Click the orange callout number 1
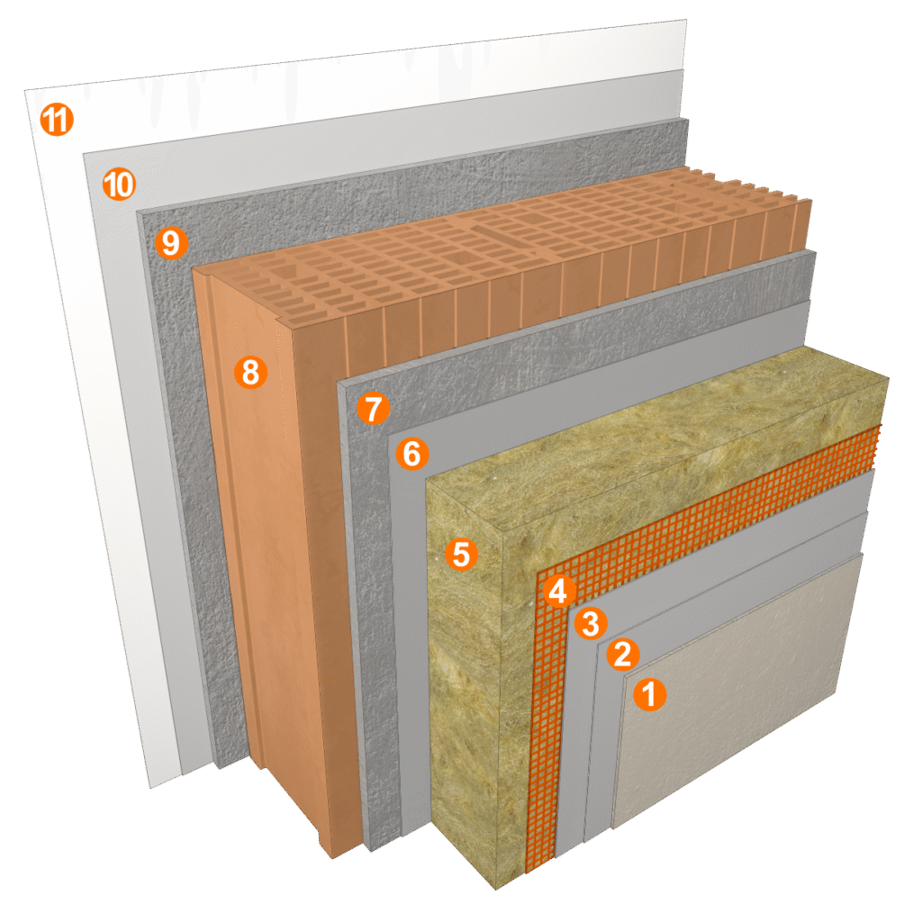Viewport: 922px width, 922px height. point(650,694)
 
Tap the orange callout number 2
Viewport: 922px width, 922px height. point(623,654)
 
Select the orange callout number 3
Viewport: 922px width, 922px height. point(591,623)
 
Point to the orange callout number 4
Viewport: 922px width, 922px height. point(558,591)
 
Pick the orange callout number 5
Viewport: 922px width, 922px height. point(462,555)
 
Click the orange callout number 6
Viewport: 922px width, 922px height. point(412,454)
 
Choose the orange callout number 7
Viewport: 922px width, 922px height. point(374,408)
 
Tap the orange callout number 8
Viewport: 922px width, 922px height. point(250,372)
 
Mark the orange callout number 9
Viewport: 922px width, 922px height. point(171,243)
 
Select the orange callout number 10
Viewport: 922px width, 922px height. point(120,184)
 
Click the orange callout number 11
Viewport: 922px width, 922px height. point(57,120)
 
